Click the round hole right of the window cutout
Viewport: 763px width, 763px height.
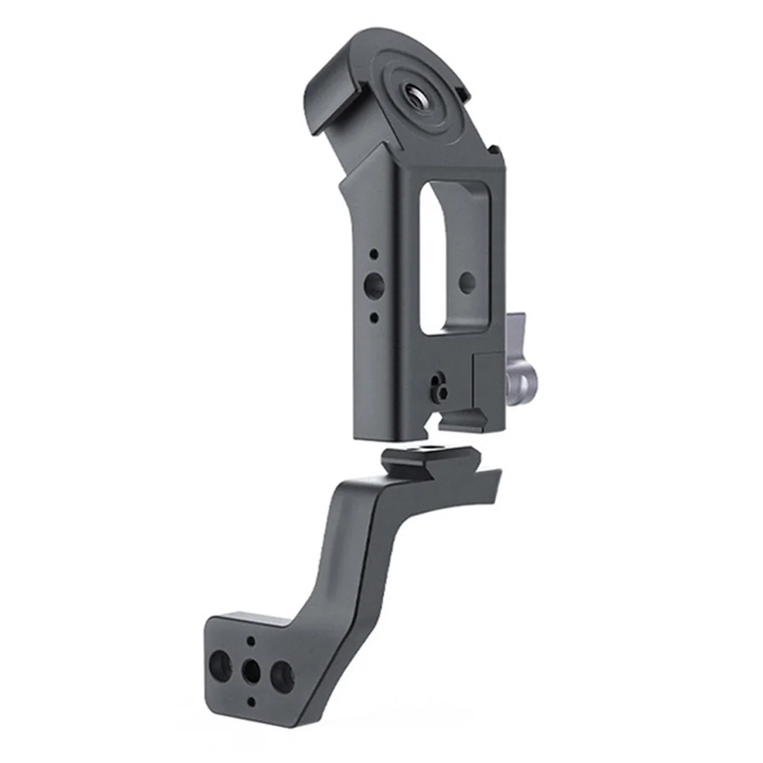(467, 283)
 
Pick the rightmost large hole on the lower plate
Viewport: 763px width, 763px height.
(281, 676)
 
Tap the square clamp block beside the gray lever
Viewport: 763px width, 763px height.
(488, 385)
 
